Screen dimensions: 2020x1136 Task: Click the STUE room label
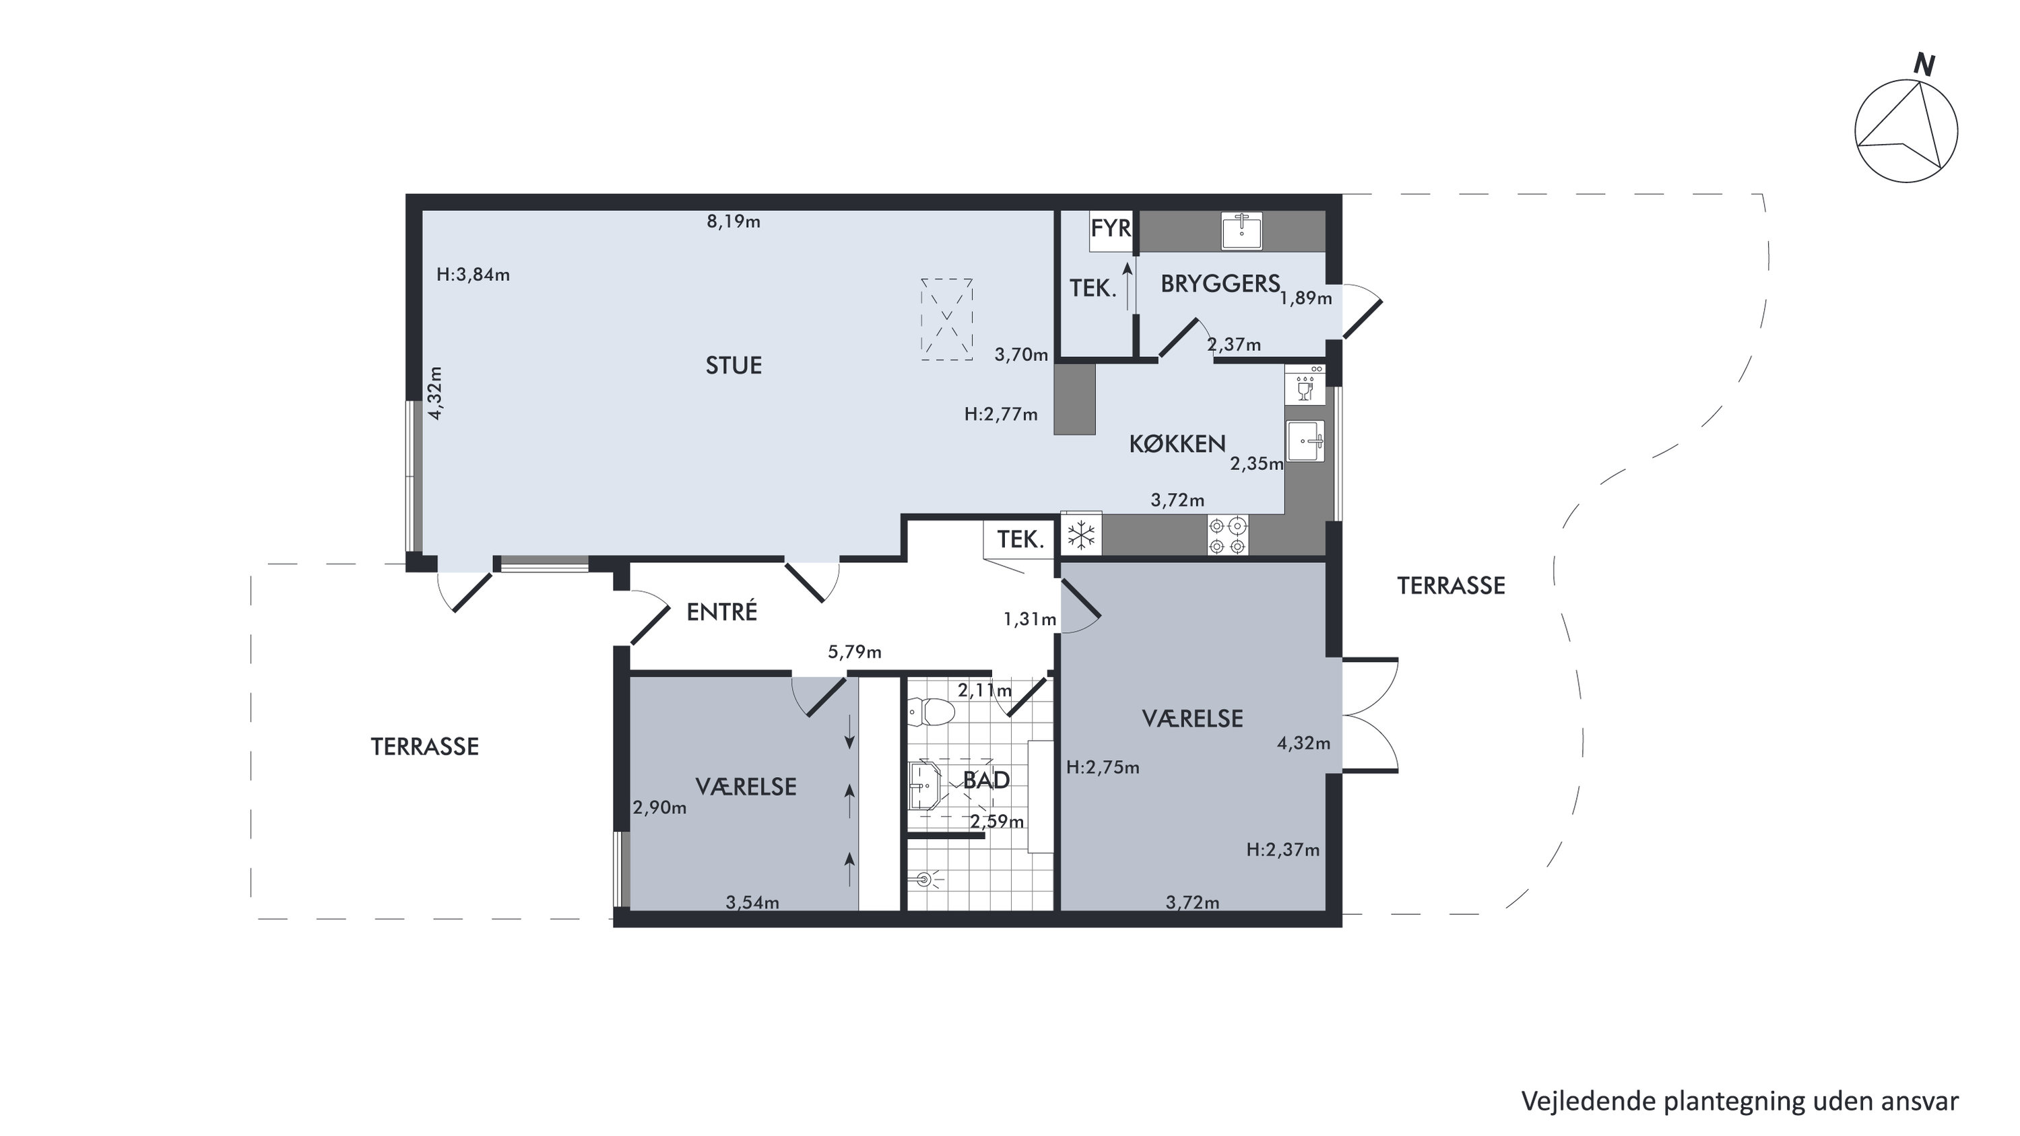point(734,366)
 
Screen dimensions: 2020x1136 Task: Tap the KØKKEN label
point(1177,444)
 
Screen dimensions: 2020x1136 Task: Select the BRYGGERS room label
point(1220,283)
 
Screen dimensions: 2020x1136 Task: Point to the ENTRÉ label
point(721,611)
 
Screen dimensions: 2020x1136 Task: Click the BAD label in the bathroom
point(985,780)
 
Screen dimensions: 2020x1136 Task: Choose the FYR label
point(1111,228)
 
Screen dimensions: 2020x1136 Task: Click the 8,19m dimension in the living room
point(734,222)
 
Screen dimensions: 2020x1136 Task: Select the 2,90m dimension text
point(659,807)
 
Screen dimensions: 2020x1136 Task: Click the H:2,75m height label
point(1103,768)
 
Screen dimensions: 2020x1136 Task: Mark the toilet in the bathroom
point(931,712)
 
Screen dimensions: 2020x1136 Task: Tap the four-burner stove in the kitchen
point(1227,535)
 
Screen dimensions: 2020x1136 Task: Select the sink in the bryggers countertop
point(1241,230)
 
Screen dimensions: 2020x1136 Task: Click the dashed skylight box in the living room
point(946,319)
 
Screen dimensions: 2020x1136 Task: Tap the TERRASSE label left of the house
point(424,746)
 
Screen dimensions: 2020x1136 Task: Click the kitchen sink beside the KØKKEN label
point(1305,440)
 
